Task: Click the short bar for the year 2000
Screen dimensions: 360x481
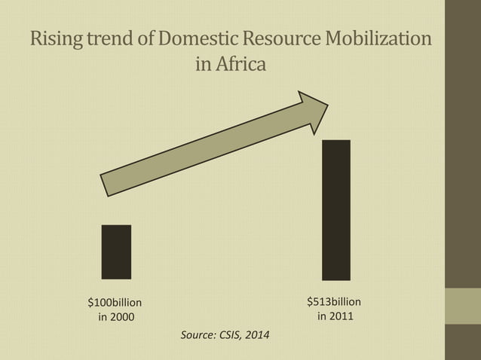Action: click(x=116, y=252)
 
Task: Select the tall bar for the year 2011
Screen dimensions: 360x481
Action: click(x=335, y=210)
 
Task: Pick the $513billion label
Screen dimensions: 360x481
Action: click(x=334, y=301)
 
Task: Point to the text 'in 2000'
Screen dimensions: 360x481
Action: click(x=117, y=317)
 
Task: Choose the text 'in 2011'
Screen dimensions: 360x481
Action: click(x=335, y=316)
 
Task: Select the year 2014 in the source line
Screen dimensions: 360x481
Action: click(x=258, y=334)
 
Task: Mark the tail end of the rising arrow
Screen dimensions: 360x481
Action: click(x=106, y=185)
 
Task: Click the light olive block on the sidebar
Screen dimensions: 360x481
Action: click(x=463, y=306)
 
